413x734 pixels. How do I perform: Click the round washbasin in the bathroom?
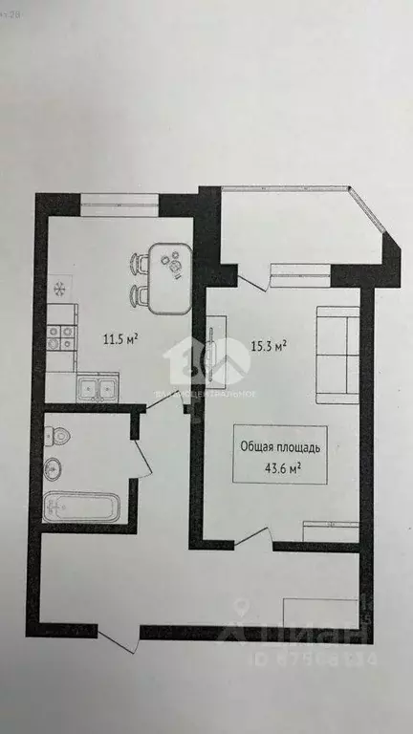(54, 468)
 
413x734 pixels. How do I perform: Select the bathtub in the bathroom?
(82, 506)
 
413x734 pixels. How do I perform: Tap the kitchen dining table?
(172, 278)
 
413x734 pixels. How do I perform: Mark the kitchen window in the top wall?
(120, 199)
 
